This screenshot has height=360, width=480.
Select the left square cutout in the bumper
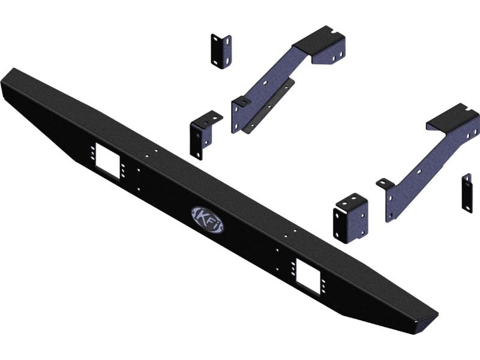click(107, 161)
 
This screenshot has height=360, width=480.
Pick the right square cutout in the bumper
click(308, 277)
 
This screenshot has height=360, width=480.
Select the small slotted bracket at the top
click(221, 51)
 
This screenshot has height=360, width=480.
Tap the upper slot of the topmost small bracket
click(216, 40)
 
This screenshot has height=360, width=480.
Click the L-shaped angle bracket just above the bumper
click(203, 134)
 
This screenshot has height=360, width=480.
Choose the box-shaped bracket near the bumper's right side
click(351, 218)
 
